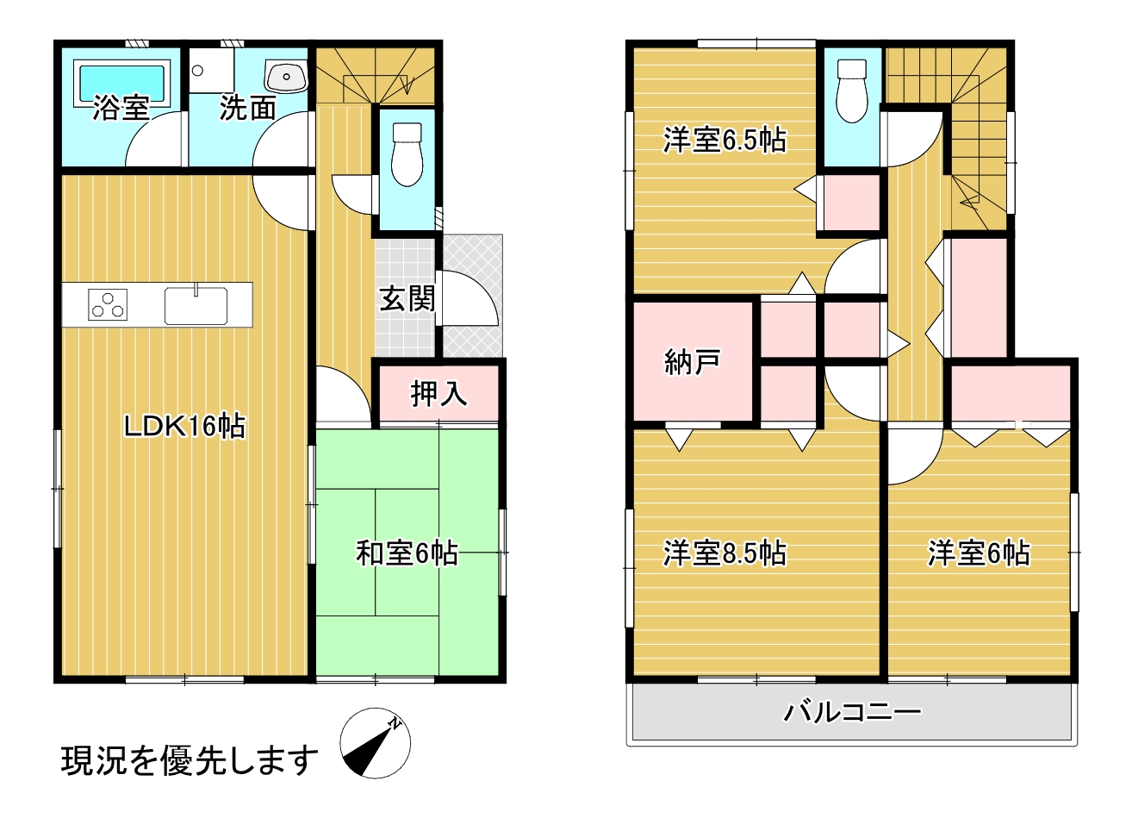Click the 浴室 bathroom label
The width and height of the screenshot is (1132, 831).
coord(121,109)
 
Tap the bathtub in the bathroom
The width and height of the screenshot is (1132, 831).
coord(121,82)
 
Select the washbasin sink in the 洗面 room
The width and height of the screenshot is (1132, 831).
coord(285,78)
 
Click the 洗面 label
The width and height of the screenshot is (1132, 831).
coord(247,109)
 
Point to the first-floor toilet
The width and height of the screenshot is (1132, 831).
coord(407,155)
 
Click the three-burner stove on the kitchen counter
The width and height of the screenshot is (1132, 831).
coord(108,304)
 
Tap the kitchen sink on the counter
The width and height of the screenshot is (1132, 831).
coord(196,305)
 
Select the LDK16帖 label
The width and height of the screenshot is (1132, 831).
coord(184,426)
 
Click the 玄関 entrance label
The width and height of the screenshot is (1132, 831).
coord(407,299)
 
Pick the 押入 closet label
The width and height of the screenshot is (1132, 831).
coord(438,394)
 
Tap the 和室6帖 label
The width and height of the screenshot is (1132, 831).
coord(407,553)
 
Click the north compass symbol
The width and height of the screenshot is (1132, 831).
coord(375,743)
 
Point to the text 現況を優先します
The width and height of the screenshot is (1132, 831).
coord(190,760)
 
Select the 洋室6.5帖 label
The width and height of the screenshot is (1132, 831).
coord(725,140)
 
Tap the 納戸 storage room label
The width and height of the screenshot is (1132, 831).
coord(693,362)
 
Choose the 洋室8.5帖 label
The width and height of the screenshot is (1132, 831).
coord(725,553)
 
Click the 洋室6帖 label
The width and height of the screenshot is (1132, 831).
coord(979,553)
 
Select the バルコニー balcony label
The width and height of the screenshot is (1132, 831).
coord(852,712)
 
